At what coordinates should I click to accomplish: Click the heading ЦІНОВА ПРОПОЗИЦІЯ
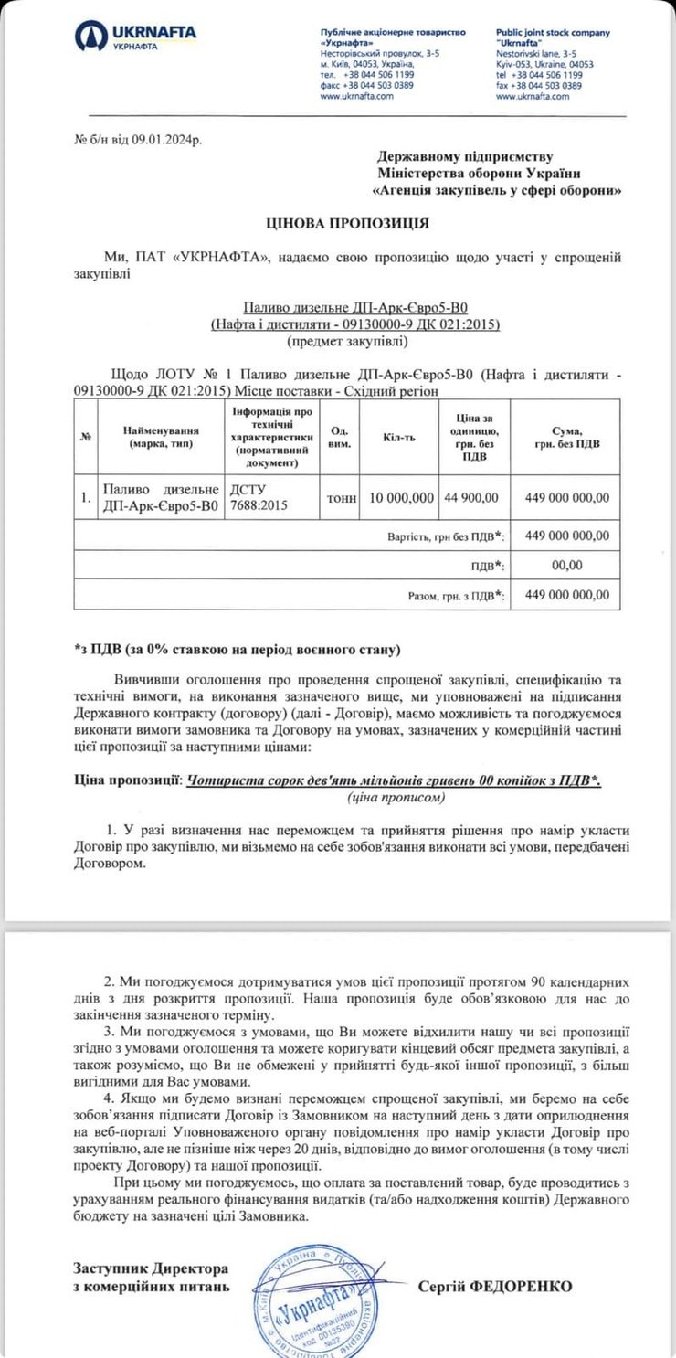click(334, 222)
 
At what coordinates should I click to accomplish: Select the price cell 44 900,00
click(472, 497)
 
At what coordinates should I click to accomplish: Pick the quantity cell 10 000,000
click(401, 497)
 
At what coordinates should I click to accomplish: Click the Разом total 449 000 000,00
click(567, 595)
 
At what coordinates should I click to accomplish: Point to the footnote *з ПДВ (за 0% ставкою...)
click(238, 651)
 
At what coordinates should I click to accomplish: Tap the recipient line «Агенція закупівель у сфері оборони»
click(499, 190)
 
